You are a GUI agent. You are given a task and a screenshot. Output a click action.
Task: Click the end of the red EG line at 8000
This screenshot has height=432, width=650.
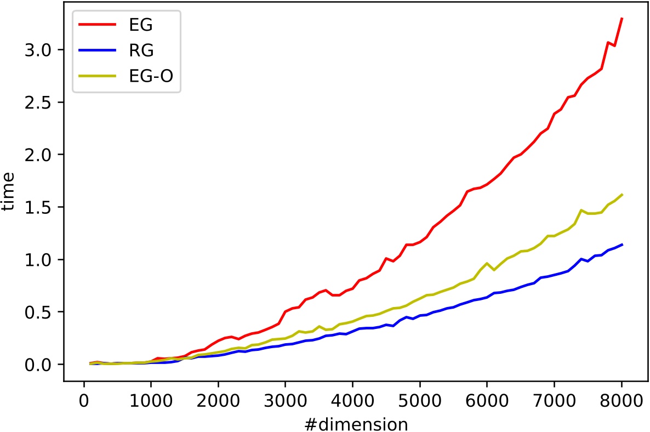tap(622, 19)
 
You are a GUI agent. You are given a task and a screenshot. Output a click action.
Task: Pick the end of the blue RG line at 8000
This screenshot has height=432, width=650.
tap(622, 245)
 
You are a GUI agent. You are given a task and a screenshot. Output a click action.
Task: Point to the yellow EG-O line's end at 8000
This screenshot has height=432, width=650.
tap(622, 195)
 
